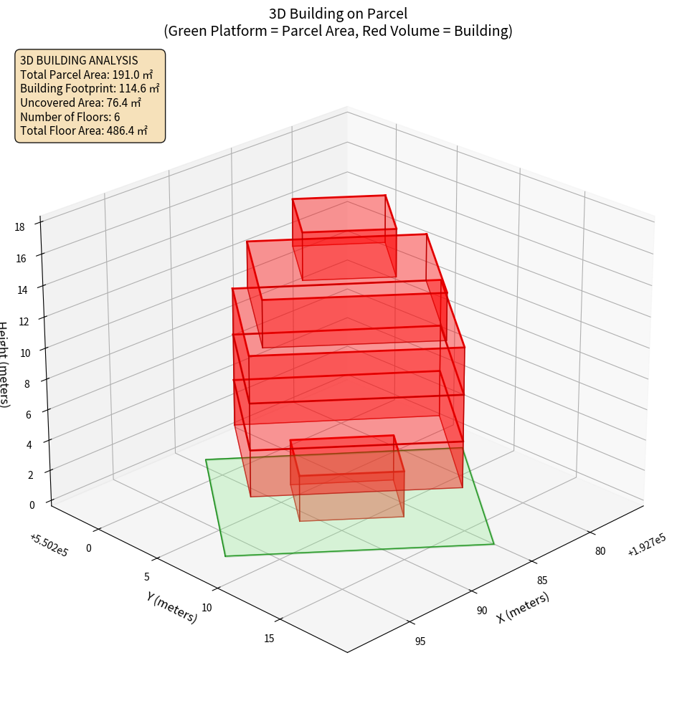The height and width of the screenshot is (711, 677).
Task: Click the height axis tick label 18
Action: [x=19, y=226]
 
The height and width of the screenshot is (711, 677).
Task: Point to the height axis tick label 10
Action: [x=25, y=353]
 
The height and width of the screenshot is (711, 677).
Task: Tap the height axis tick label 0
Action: [x=32, y=505]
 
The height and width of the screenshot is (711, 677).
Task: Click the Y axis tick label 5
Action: [x=146, y=577]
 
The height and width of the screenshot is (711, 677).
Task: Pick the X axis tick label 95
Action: [x=420, y=641]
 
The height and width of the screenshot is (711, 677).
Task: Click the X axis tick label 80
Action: [x=600, y=550]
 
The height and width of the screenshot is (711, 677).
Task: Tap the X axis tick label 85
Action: [x=542, y=580]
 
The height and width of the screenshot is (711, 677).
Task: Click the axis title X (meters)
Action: [x=524, y=607]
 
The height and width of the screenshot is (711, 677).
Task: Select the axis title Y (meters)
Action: [x=172, y=606]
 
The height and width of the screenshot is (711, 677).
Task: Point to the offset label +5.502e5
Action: [x=49, y=545]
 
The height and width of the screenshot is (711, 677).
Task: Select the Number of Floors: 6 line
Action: [x=70, y=117]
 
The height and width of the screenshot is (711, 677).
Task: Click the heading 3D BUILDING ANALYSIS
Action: [x=79, y=60]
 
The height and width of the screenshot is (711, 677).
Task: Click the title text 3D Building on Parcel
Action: [x=338, y=13]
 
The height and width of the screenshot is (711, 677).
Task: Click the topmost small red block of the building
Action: [x=344, y=237]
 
